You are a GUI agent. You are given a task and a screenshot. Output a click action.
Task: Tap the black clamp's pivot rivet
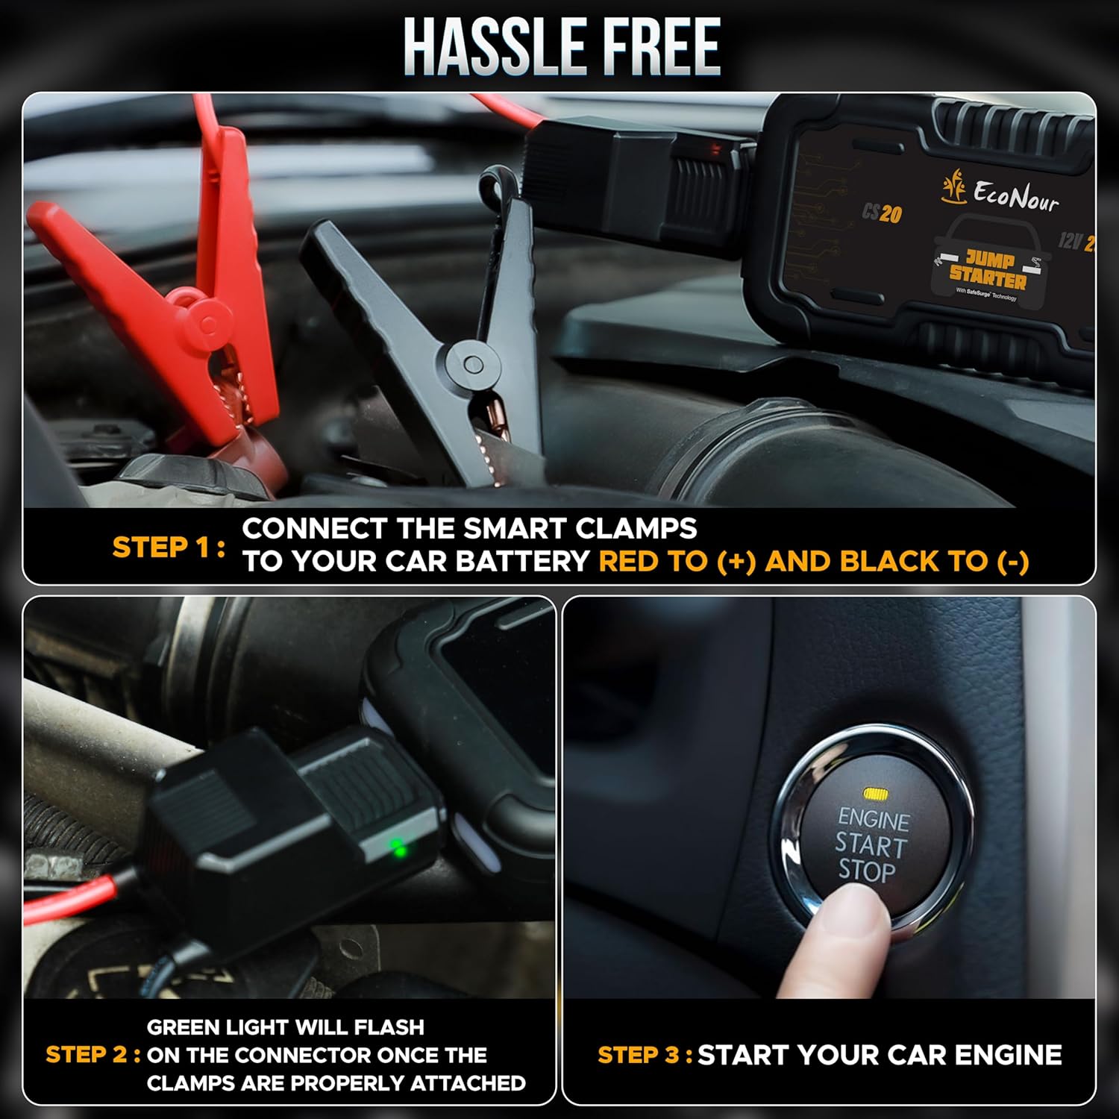pos(472,365)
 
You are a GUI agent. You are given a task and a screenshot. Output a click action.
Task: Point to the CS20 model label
pos(882,214)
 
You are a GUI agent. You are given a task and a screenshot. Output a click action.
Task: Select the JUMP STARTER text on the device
pos(988,270)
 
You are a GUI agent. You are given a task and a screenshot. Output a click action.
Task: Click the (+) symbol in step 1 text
pos(736,562)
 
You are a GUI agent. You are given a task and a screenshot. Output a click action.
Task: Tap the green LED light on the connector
pos(398,848)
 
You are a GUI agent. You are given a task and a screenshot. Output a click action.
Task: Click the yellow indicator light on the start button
pos(874,793)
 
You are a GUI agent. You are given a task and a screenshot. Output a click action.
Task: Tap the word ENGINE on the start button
pos(874,820)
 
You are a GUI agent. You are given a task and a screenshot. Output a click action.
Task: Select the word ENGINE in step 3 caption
pos(1008,1055)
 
